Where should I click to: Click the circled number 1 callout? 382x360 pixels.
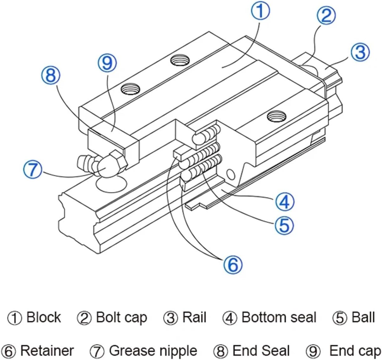point(261,11)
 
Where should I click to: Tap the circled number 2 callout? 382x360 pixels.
point(326,15)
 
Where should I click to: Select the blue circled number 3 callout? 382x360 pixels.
point(360,52)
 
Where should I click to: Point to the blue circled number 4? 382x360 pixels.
point(285,202)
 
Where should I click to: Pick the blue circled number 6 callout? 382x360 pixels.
point(233,265)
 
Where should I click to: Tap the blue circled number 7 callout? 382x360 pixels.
point(33,170)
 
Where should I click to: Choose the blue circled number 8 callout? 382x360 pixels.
point(51,75)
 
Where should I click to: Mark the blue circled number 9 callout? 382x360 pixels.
point(107,63)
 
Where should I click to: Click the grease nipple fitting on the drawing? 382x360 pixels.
point(102,164)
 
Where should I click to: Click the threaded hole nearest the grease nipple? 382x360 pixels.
point(130,89)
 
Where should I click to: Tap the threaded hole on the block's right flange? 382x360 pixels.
point(277,116)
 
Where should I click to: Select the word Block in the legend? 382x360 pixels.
point(44,317)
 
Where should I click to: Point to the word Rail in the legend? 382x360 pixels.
point(194,317)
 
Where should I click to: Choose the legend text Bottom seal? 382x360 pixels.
point(279,317)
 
